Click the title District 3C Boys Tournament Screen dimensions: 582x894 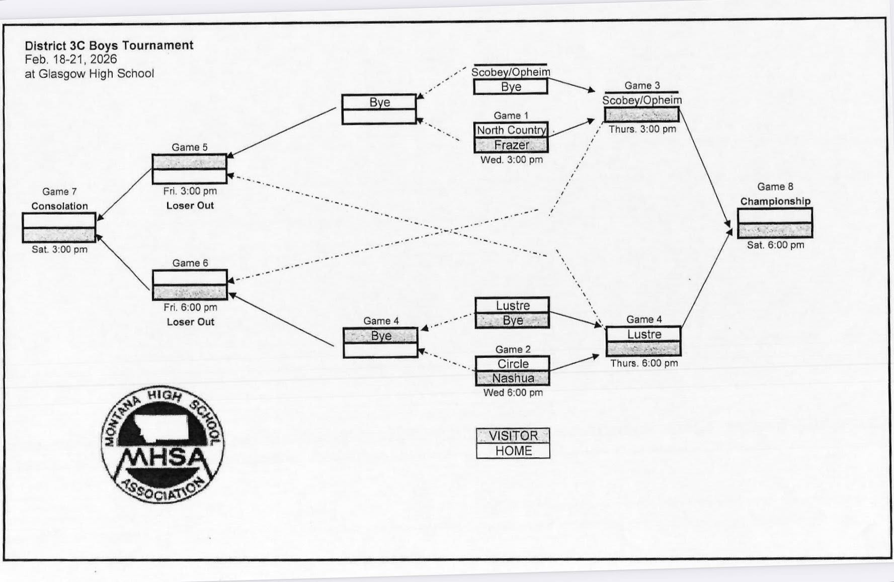109,45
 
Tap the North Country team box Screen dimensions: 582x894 511,130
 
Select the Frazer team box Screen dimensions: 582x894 511,145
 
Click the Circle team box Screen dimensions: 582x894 513,363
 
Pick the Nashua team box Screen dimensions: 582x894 513,378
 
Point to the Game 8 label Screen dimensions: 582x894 775,187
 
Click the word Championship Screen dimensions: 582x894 775,201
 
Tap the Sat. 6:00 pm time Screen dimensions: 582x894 775,245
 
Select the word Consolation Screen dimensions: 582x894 59,206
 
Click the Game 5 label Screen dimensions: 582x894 189,147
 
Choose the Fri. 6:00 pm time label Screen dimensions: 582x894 190,307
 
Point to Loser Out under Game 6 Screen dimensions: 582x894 190,322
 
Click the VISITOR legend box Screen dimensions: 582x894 513,435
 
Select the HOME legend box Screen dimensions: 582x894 513,451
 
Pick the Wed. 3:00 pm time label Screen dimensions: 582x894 511,160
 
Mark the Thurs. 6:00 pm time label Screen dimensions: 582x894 643,363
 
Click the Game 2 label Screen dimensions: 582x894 513,349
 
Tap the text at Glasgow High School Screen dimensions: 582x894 89,73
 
